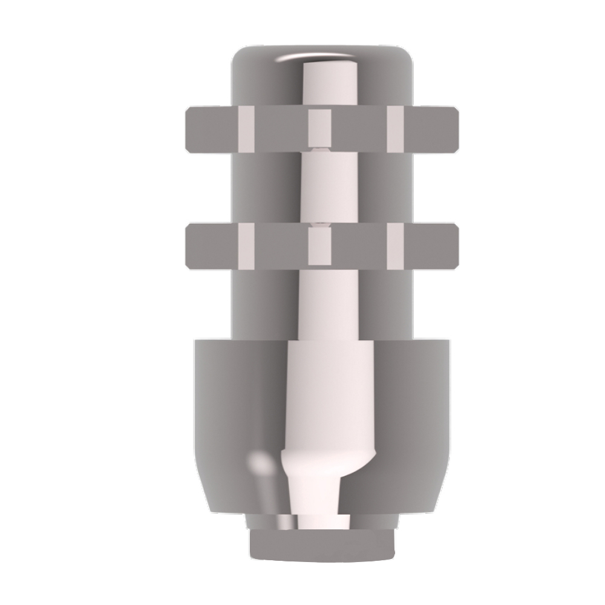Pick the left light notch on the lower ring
[x=247, y=244]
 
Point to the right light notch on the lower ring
[x=395, y=244]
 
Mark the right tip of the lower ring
[x=457, y=244]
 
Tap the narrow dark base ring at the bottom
[x=321, y=544]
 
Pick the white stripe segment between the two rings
[x=319, y=188]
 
